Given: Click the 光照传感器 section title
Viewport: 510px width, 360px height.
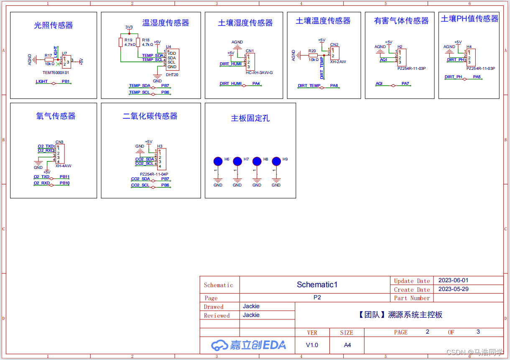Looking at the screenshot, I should (x=54, y=26).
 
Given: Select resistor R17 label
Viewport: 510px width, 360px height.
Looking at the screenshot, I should (x=48, y=55).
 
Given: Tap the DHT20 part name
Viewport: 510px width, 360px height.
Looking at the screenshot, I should (x=172, y=74).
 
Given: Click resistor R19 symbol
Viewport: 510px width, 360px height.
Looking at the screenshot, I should (x=120, y=42).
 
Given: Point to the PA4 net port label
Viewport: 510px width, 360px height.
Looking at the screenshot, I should (x=256, y=84).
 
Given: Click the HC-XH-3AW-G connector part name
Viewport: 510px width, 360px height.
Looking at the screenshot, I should (x=259, y=73).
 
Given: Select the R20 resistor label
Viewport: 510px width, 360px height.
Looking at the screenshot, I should (x=312, y=51).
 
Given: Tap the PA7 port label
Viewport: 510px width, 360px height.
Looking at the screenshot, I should (x=405, y=84).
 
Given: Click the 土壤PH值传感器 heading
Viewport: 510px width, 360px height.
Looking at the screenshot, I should (x=469, y=19).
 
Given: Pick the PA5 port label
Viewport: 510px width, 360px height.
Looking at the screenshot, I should (x=477, y=77).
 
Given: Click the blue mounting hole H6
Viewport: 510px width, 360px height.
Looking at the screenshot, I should (x=218, y=161).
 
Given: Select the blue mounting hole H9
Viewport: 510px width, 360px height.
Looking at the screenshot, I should (x=276, y=161).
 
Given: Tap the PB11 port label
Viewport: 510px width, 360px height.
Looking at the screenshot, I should (x=64, y=177).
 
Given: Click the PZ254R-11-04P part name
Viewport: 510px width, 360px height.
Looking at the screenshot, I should (x=154, y=174).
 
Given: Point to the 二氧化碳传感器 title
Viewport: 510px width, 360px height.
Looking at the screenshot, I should (x=150, y=116).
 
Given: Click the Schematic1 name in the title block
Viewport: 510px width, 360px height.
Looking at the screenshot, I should (x=317, y=285).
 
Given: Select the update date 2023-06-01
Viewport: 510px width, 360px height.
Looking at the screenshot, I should (x=453, y=280).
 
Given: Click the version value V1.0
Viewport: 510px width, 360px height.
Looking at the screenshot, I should (x=312, y=345).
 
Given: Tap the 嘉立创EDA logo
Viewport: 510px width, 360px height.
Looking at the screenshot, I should (x=249, y=345).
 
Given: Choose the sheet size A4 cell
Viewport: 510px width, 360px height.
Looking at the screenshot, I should (x=347, y=345).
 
